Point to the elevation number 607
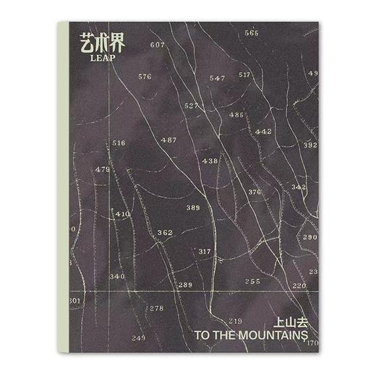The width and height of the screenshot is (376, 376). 157,45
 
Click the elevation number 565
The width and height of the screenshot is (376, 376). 252,33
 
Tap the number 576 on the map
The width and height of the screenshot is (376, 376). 145,77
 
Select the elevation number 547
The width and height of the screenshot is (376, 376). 217,78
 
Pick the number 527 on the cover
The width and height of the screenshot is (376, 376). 191,106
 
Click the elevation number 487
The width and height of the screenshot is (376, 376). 168,140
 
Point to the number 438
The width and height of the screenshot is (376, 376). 210,161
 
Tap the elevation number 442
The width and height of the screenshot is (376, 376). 263,132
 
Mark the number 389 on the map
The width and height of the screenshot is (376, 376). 193,208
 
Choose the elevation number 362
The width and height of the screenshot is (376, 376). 165,233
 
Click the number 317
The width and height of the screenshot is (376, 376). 205,252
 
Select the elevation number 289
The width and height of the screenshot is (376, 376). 185,285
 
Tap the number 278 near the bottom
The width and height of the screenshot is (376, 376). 156,308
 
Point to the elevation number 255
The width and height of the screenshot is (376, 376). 252,281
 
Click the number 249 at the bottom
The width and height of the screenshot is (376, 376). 139,338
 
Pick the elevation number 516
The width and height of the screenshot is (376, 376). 119,143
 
